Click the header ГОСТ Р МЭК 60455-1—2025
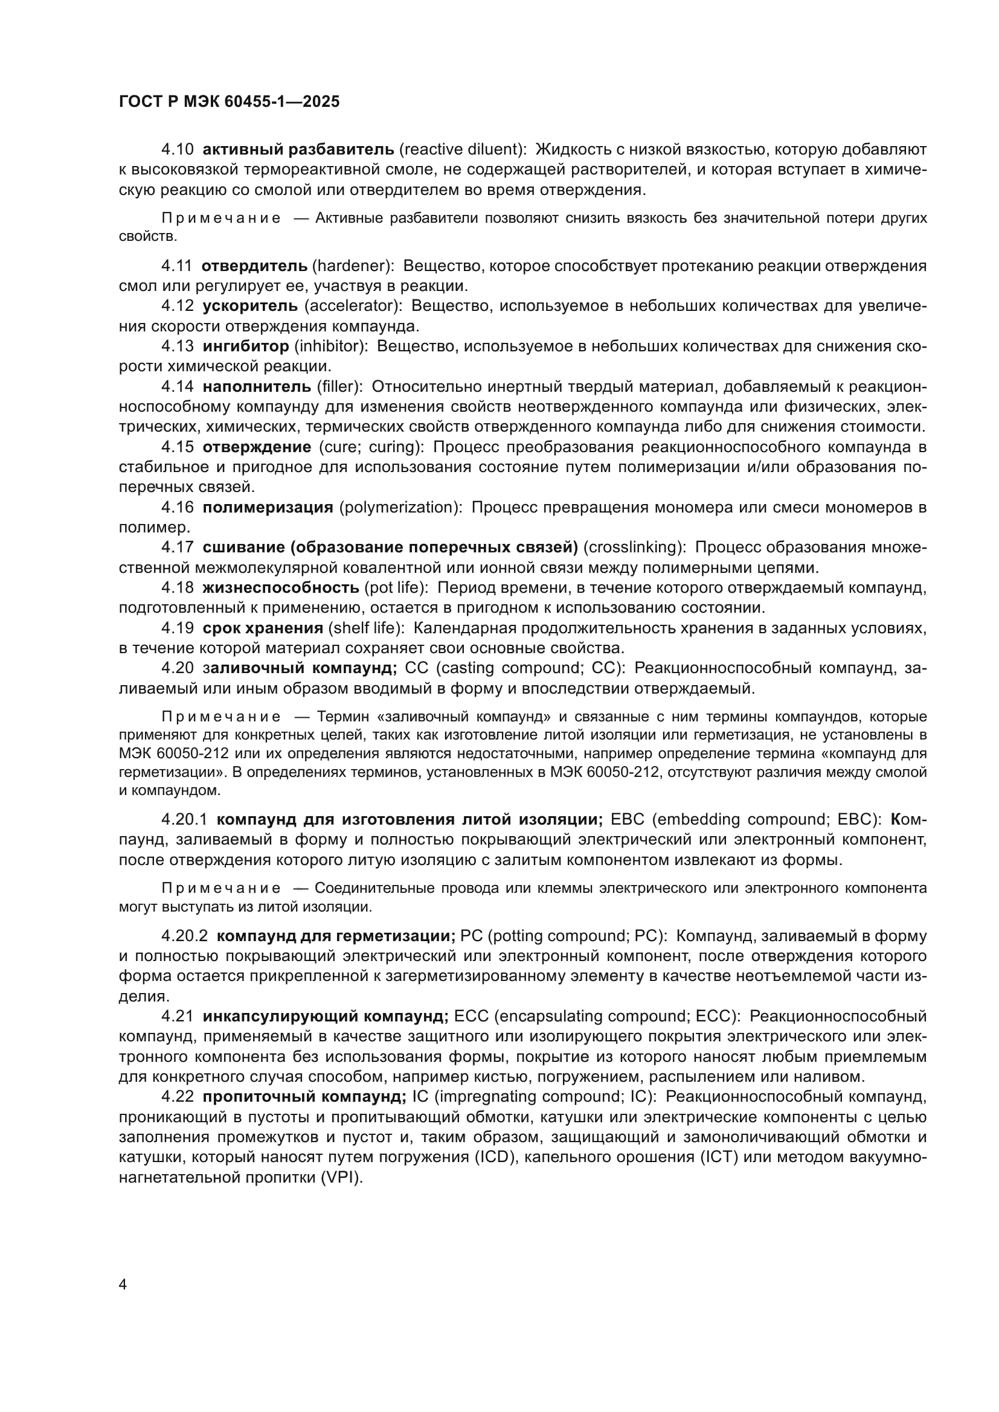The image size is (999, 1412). click(x=229, y=102)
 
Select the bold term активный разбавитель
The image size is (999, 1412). click(x=298, y=149)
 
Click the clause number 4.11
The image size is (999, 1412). click(x=176, y=266)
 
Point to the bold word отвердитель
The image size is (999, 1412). click(x=255, y=266)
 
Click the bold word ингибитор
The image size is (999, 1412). click(x=245, y=347)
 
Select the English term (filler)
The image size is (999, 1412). click(x=339, y=386)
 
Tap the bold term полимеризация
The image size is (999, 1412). click(x=268, y=507)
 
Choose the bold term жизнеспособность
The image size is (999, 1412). click(x=280, y=587)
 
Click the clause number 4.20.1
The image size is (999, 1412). click(x=184, y=819)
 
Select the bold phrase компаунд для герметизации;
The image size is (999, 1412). click(x=336, y=936)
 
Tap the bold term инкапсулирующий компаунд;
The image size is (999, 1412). click(x=326, y=1016)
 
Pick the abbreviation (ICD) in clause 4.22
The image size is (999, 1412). click(x=495, y=1157)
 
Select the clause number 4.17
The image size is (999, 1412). click(x=177, y=548)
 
